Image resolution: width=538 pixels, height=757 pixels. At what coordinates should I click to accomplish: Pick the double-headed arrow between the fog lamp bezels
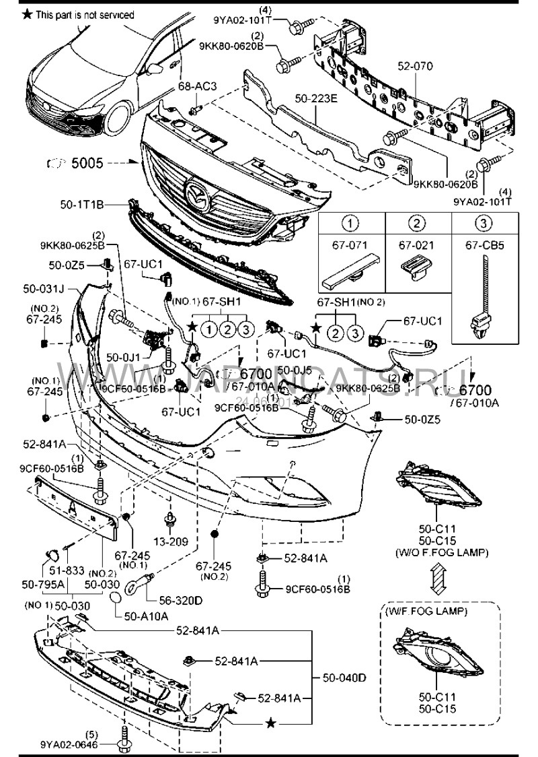pos(437,577)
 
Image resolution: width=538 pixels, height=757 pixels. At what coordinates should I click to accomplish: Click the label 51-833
pos(69,570)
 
